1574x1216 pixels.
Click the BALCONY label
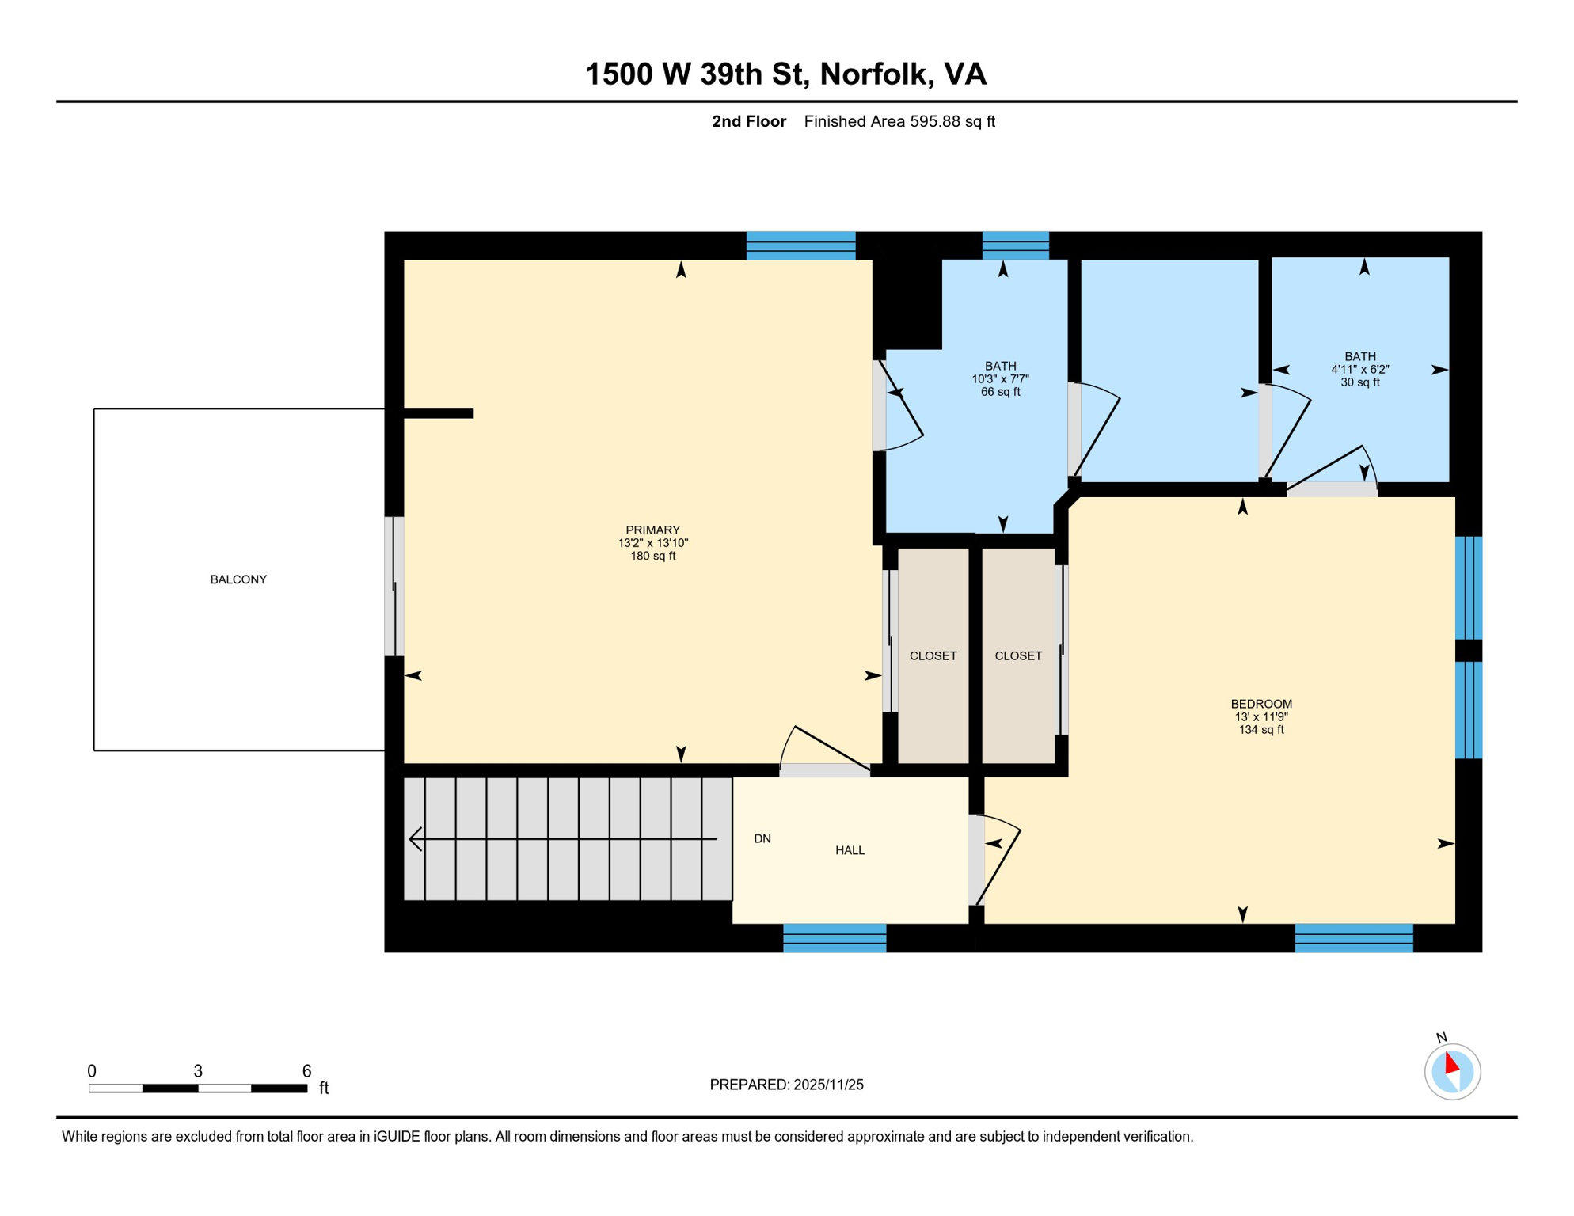click(x=238, y=579)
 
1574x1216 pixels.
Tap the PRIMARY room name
click(x=652, y=530)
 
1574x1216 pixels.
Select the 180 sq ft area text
click(x=652, y=556)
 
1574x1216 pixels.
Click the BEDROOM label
click(x=1260, y=704)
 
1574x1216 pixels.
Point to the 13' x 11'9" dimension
click(x=1260, y=716)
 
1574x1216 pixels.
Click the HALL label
click(x=850, y=850)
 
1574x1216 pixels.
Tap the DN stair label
click(x=762, y=838)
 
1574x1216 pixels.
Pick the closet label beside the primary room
click(x=933, y=655)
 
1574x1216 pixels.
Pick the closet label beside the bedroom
click(x=1017, y=655)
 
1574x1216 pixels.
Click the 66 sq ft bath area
click(x=1000, y=392)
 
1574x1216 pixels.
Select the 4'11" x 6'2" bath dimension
click(x=1359, y=369)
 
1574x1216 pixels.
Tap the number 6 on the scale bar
click(x=306, y=1071)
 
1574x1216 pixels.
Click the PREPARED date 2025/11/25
click(x=786, y=1085)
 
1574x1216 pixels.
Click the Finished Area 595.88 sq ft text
click(x=899, y=121)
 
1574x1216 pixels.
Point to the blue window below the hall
click(x=835, y=938)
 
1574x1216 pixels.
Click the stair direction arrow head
click(x=415, y=838)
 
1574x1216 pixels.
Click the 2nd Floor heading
click(x=748, y=121)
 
